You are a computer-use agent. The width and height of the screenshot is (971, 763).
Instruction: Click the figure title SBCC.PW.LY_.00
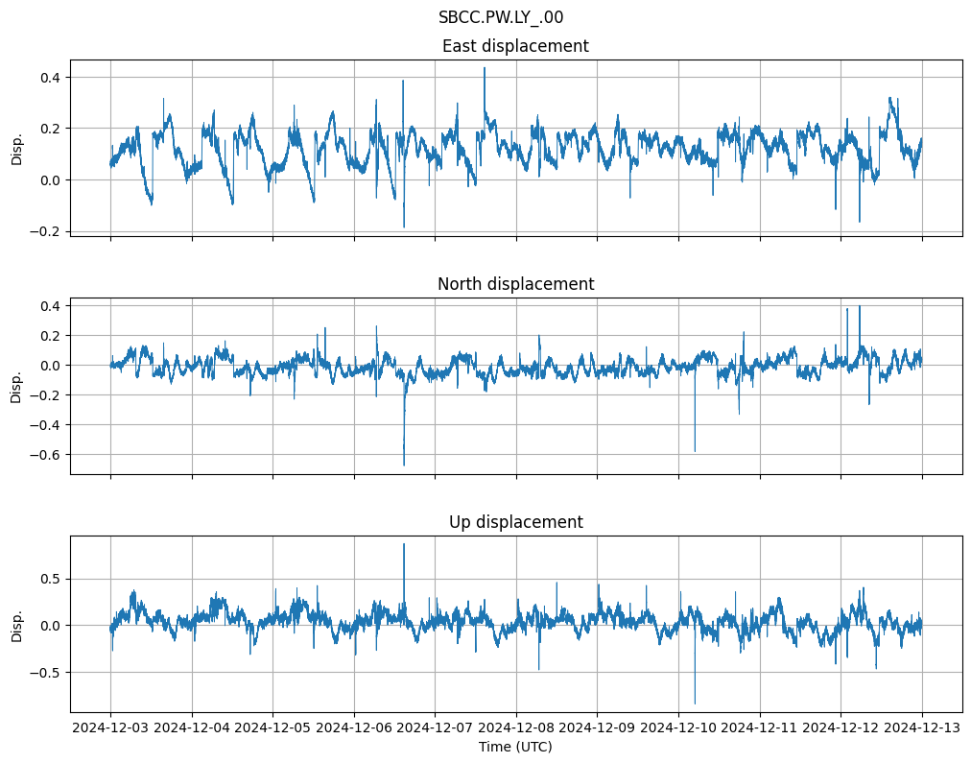[501, 17]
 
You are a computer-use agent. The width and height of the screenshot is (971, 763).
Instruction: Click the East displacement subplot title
[515, 46]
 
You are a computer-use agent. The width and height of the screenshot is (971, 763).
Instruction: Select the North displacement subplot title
[515, 284]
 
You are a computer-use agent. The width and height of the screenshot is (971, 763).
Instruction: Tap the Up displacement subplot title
[515, 522]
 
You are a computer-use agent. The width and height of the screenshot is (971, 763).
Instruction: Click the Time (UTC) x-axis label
[515, 747]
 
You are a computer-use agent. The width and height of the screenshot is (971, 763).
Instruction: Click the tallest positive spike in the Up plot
[404, 545]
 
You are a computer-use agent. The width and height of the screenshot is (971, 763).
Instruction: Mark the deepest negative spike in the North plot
[404, 465]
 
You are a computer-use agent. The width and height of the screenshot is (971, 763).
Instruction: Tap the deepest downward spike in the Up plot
[695, 703]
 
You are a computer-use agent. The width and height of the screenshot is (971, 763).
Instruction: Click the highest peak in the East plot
[485, 68]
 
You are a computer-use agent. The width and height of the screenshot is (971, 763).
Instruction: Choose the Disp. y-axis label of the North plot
[17, 386]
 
